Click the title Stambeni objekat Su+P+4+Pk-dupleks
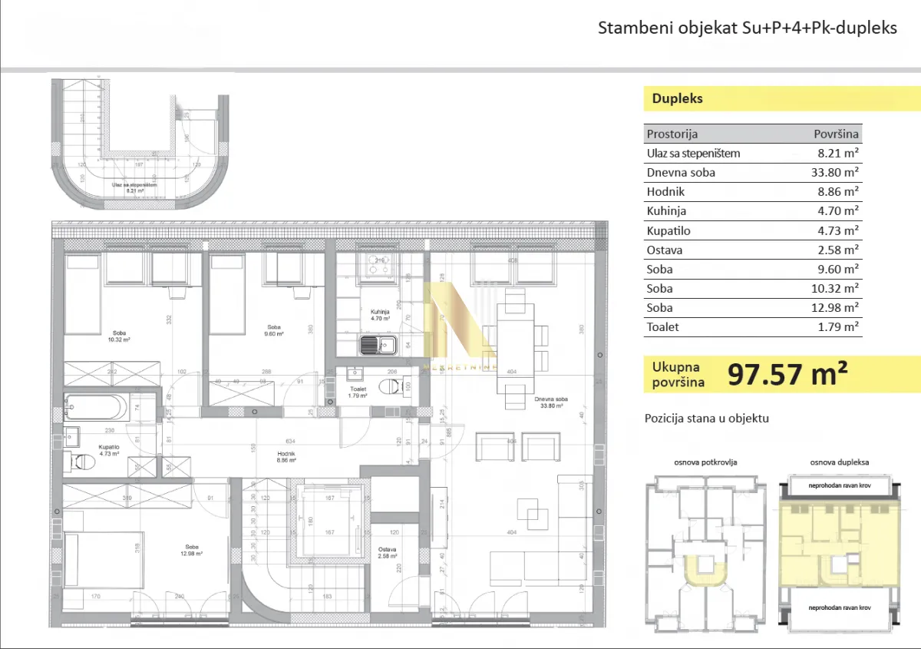(747, 28)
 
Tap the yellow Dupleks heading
(677, 98)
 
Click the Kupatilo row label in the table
(669, 230)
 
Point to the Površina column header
(837, 134)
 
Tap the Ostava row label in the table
(665, 250)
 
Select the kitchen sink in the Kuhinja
(378, 346)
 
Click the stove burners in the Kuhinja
(378, 265)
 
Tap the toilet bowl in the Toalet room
(394, 385)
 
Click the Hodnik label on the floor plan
(286, 454)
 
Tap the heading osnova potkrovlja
(705, 462)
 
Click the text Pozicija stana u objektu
(706, 419)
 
